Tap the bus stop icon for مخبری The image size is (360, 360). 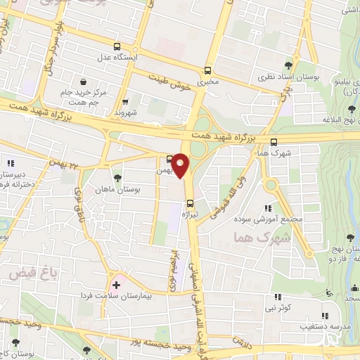point(207,70)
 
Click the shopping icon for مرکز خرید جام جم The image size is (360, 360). point(84,82)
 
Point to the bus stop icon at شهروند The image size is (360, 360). point(125,101)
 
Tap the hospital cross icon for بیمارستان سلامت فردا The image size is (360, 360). point(116,285)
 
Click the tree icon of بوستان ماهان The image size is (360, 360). point(117,178)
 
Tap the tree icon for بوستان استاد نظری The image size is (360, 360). point(296,61)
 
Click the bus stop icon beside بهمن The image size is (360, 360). point(169,158)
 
